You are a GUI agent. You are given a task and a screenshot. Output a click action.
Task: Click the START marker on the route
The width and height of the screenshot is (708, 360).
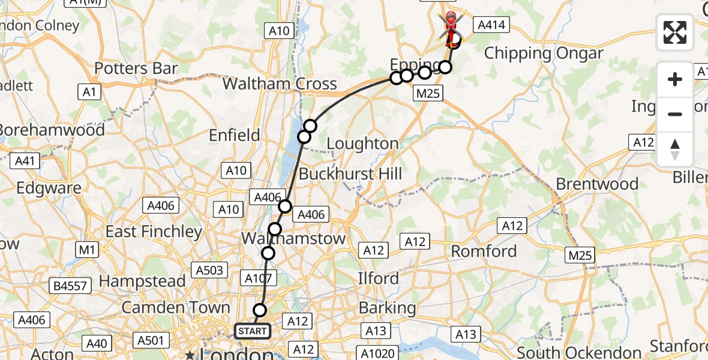252,331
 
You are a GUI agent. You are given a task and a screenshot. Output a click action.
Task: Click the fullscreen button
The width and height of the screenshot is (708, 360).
675,32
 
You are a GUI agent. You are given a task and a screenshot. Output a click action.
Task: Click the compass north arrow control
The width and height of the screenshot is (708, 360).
675,149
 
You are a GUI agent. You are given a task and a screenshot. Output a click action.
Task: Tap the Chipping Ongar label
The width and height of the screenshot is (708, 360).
543,53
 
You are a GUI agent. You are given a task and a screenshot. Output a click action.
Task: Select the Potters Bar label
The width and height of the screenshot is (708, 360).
136,68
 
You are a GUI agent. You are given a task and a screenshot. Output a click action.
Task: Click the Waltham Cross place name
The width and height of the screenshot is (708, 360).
280,83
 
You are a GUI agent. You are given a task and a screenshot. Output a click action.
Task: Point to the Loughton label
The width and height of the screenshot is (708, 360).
362,144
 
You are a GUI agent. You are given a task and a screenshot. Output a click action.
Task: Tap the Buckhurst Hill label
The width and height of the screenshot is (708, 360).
350,175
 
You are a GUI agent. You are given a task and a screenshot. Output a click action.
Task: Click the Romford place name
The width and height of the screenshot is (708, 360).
484,251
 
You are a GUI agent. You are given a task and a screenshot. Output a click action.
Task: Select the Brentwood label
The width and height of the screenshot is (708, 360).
597,184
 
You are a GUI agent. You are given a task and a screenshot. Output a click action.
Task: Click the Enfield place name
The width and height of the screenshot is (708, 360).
234,136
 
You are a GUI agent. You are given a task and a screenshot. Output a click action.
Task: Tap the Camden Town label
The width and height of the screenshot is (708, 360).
176,308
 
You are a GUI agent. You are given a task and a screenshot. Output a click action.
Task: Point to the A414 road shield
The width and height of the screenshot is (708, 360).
491,25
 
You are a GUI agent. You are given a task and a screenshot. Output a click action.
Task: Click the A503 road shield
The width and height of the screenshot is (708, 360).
210,271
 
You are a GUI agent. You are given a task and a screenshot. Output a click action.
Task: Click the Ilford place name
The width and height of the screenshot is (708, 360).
378,278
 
